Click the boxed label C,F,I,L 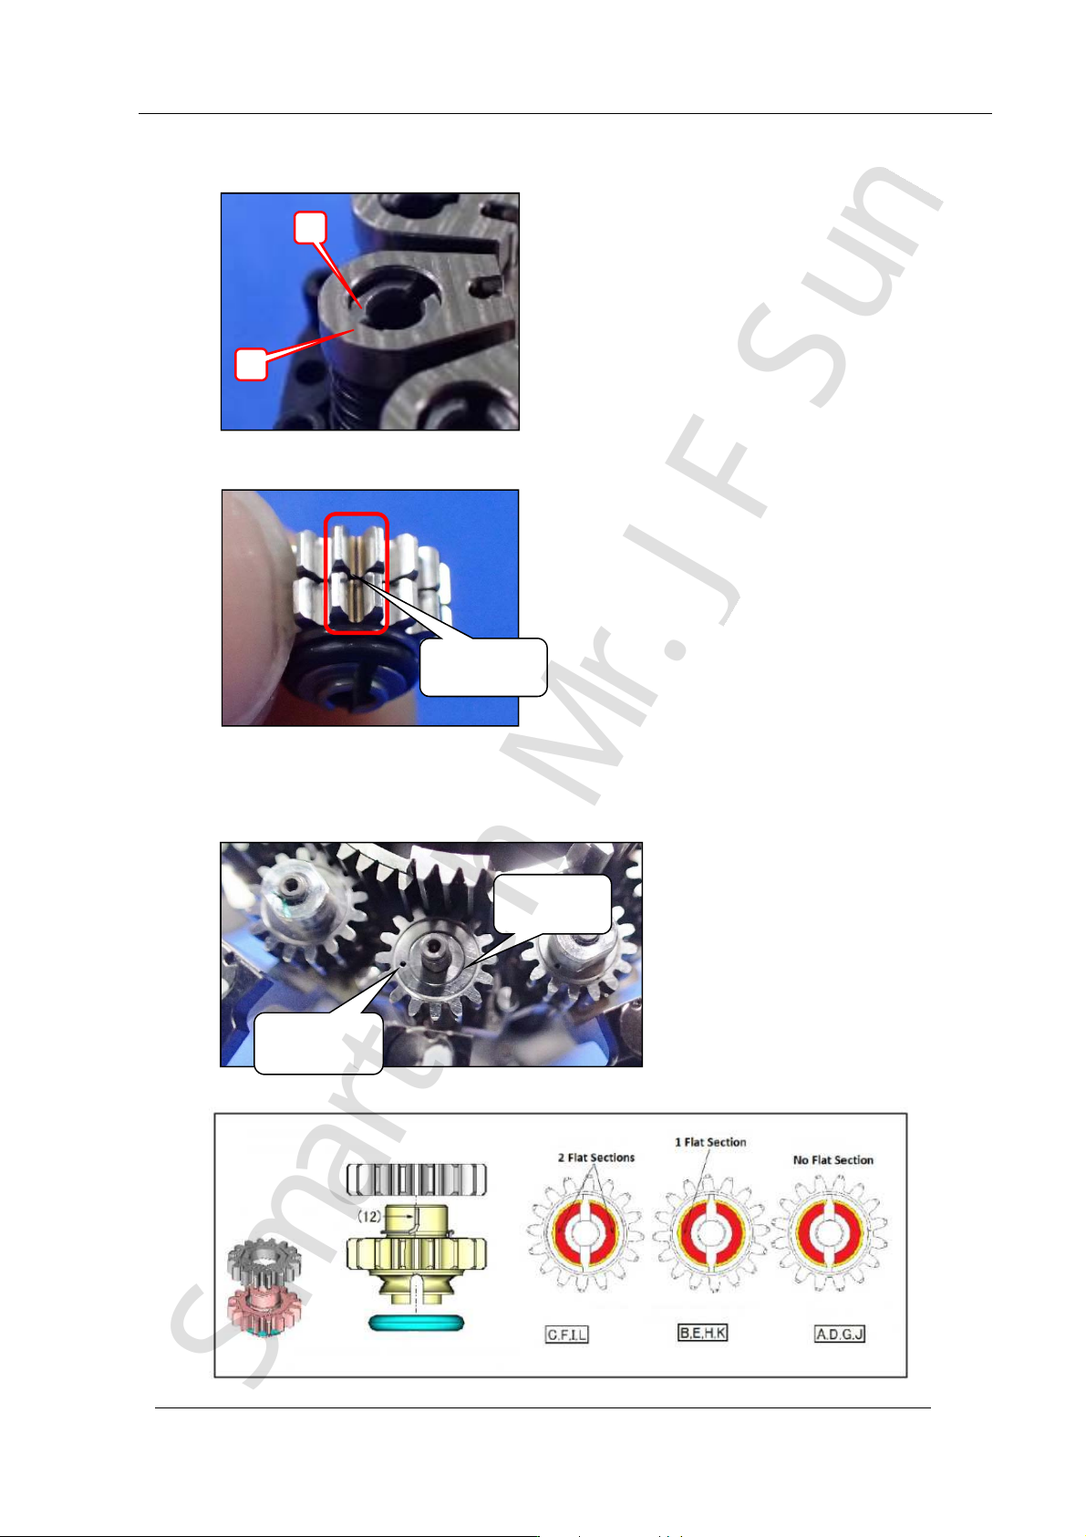(x=566, y=1334)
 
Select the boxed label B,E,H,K (x=702, y=1332)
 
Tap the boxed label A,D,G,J (x=839, y=1334)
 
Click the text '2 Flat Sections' (x=595, y=1157)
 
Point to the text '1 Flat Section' (x=710, y=1142)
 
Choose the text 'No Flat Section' (x=833, y=1159)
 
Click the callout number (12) (x=369, y=1216)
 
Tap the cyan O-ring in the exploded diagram (x=416, y=1322)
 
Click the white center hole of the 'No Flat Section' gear (x=829, y=1232)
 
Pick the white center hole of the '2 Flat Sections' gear (x=584, y=1232)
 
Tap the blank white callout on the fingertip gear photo (x=483, y=667)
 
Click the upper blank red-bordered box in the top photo (x=309, y=227)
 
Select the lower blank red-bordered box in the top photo (x=251, y=364)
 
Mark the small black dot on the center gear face (x=403, y=963)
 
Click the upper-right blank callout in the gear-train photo (x=552, y=904)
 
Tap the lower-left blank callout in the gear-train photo (x=317, y=1043)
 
